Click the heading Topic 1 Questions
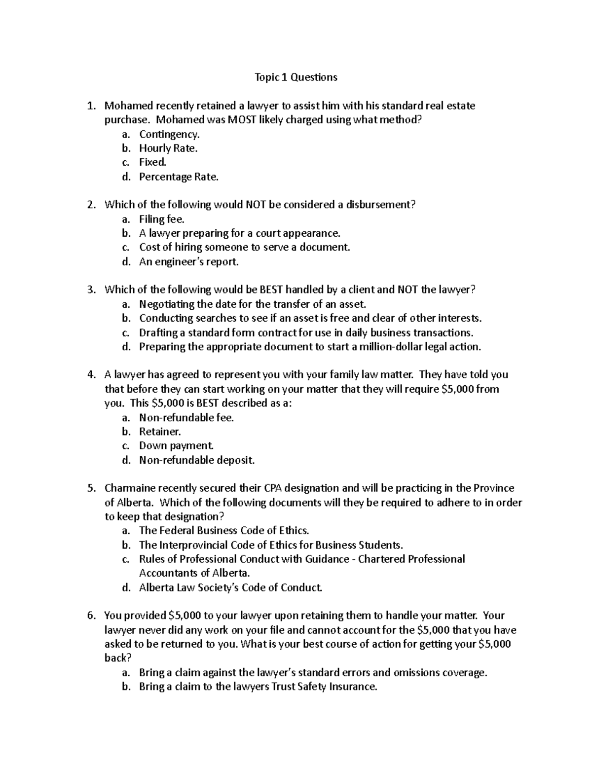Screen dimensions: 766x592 click(x=296, y=77)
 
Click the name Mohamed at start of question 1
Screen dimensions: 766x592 click(x=129, y=106)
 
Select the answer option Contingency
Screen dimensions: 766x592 click(x=169, y=134)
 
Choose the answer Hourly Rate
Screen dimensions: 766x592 click(x=168, y=148)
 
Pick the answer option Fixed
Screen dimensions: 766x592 click(x=152, y=162)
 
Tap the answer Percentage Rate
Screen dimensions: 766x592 click(x=178, y=177)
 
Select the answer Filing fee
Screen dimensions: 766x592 click(x=161, y=219)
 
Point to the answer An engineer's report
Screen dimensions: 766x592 click(x=188, y=262)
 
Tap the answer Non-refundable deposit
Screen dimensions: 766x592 click(x=197, y=460)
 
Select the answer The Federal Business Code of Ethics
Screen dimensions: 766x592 click(x=224, y=531)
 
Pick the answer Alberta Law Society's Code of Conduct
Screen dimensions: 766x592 click(x=230, y=587)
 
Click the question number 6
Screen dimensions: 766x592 click(x=90, y=616)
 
